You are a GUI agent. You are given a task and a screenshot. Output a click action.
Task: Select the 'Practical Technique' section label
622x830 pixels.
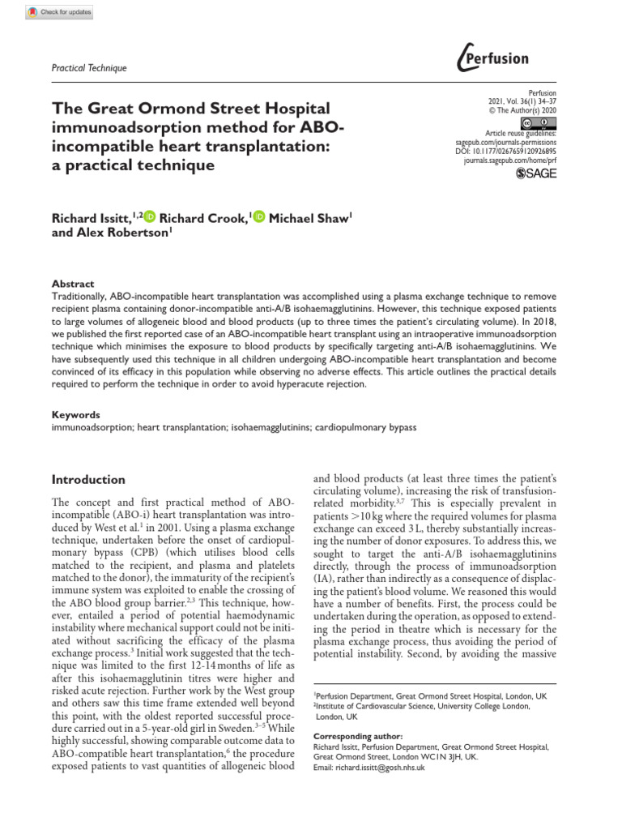(88, 68)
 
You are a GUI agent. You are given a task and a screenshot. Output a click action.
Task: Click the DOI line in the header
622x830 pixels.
(507, 152)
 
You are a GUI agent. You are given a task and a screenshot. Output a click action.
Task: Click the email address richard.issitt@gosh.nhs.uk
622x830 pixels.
(369, 768)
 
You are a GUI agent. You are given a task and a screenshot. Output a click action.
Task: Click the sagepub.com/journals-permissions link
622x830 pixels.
(502, 142)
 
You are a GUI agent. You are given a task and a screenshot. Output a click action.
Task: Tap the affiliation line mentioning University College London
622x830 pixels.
(421, 706)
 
